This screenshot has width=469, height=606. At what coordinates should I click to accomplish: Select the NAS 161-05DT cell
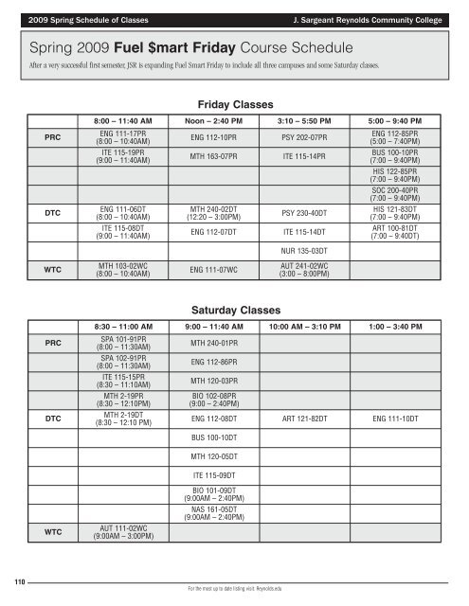click(213, 512)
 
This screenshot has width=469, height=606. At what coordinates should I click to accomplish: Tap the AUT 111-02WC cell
click(120, 530)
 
